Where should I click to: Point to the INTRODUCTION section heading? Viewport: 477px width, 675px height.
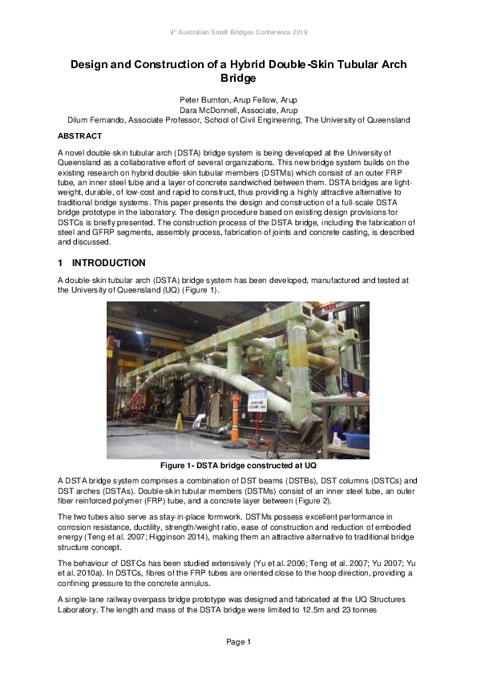109,263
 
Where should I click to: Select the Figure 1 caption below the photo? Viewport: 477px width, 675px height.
238,466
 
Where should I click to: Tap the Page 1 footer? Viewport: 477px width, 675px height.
238,641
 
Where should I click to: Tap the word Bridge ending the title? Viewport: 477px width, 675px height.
238,79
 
